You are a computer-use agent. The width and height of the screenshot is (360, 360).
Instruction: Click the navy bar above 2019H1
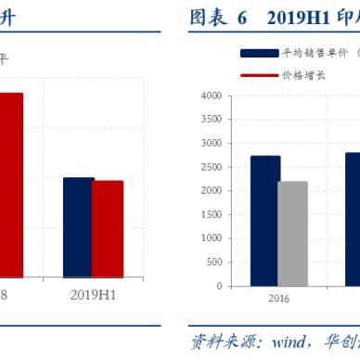[79, 227]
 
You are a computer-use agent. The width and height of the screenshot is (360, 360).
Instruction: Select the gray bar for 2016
[293, 234]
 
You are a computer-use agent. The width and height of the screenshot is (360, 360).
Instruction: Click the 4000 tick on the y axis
[210, 96]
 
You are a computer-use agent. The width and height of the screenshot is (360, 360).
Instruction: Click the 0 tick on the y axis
[218, 285]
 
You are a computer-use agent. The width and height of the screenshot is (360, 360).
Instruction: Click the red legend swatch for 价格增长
[259, 73]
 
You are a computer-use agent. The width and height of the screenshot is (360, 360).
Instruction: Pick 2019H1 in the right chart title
[297, 18]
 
